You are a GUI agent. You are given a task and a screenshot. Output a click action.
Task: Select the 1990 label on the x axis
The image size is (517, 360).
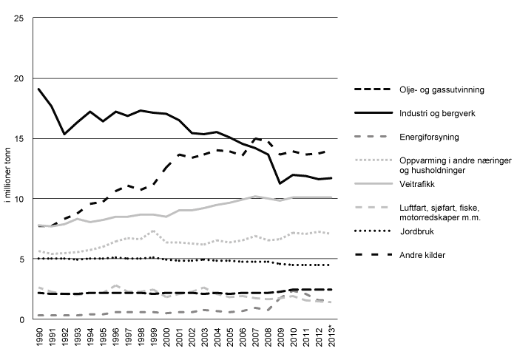coord(38,342)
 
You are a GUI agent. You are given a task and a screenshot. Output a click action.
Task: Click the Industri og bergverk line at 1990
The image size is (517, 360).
coord(38,89)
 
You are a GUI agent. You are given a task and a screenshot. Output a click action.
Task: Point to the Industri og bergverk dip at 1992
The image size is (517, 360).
coord(64,134)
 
